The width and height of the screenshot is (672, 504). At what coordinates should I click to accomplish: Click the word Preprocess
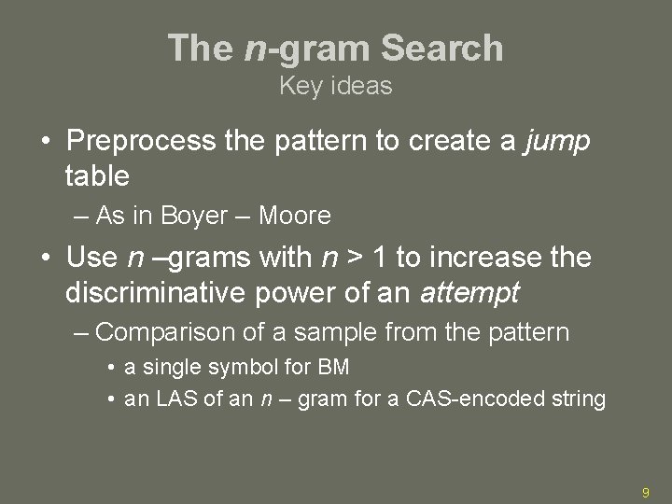[x=142, y=141]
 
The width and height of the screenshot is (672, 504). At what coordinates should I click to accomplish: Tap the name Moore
[x=294, y=217]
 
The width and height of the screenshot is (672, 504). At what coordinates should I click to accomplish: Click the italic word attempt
[x=469, y=293]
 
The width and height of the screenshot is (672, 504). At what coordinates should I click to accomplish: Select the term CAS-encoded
[x=480, y=399]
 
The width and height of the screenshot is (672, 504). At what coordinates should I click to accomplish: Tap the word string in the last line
[x=579, y=399]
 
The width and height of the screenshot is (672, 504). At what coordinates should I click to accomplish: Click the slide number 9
[x=645, y=491]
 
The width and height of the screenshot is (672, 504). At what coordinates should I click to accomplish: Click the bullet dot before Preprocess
[x=45, y=142]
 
